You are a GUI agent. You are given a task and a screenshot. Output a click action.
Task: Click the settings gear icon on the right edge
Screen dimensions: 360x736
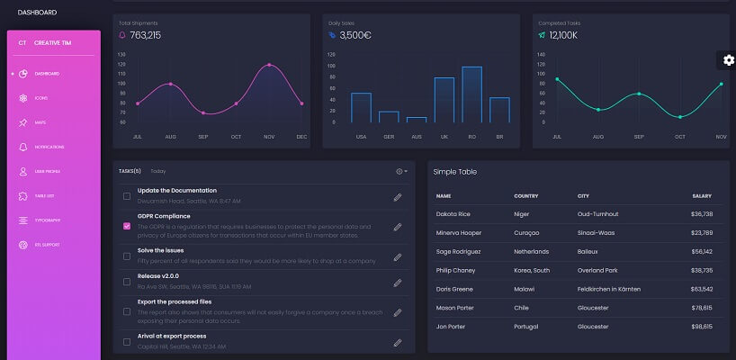coord(728,59)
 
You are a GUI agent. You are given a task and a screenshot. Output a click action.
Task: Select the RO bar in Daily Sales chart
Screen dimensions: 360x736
coord(471,94)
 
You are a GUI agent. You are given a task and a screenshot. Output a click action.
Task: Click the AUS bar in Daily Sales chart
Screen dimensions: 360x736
coord(416,119)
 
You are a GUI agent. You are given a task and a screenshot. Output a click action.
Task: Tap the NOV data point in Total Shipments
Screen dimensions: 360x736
coord(269,65)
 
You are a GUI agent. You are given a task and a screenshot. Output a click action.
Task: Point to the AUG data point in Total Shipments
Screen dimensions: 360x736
coord(170,84)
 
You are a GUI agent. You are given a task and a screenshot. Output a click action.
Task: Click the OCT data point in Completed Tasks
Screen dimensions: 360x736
coord(680,117)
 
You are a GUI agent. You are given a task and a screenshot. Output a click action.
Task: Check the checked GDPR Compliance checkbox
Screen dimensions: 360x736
coord(127,226)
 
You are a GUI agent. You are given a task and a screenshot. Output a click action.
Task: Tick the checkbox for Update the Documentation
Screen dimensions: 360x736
coord(127,195)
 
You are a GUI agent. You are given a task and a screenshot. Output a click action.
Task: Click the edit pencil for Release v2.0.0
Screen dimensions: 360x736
coord(397,283)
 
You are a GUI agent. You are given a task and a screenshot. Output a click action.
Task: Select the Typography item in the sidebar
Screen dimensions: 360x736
coord(48,220)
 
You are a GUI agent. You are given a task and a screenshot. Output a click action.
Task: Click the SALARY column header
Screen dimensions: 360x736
coord(702,195)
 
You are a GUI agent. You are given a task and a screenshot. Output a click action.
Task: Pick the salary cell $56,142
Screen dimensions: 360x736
coord(701,252)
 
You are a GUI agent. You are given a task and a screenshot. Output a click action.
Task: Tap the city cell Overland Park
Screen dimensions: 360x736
coord(598,270)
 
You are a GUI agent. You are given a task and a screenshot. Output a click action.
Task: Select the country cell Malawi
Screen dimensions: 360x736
coord(525,289)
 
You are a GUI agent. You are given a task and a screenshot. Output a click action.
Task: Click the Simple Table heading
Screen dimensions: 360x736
coord(454,171)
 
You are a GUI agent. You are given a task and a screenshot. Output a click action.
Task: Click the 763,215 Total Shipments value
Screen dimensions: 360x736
coord(145,35)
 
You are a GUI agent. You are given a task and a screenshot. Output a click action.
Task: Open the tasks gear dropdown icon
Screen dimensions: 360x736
coord(401,171)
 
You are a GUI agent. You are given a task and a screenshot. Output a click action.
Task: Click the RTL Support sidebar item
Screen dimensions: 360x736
coord(48,244)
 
